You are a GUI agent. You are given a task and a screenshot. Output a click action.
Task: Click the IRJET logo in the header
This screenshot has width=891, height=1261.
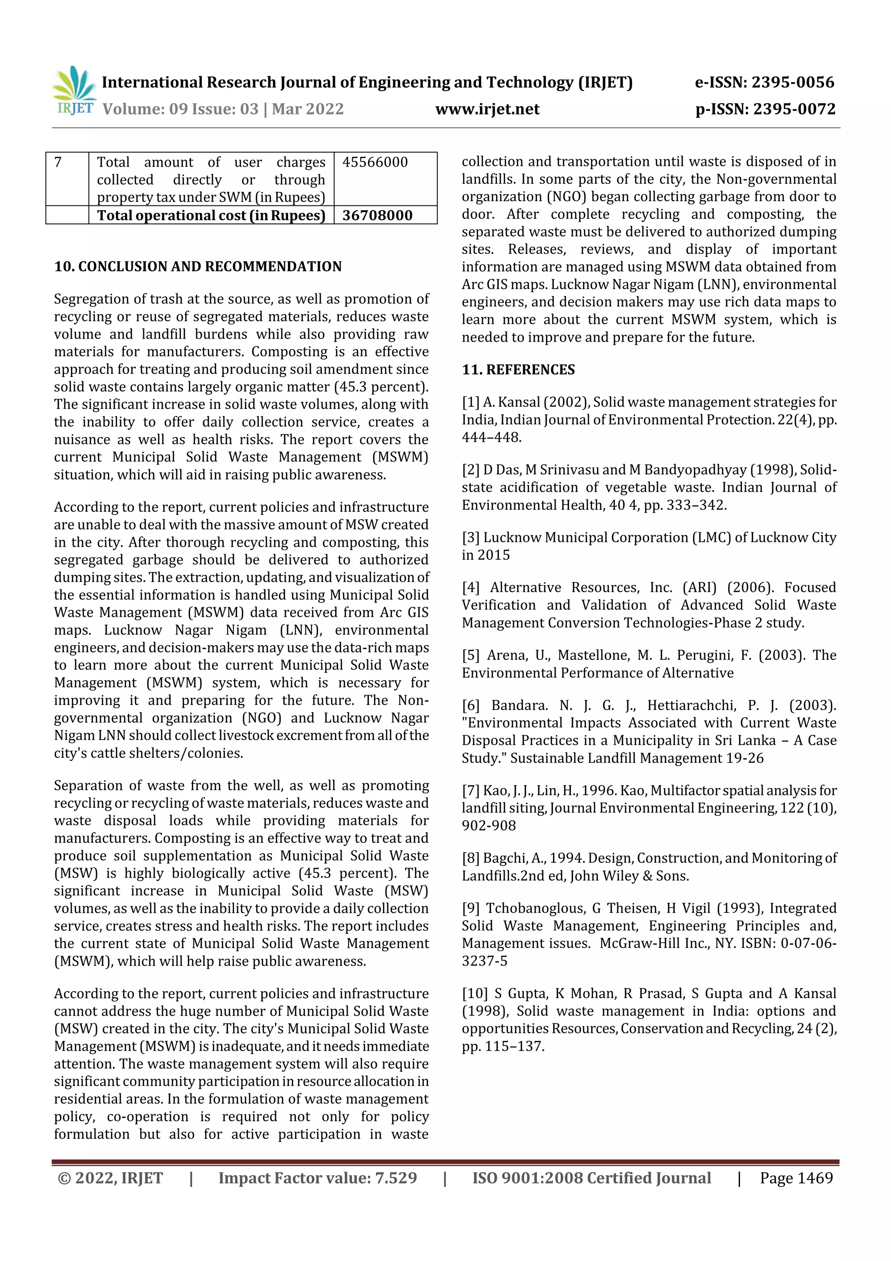74,91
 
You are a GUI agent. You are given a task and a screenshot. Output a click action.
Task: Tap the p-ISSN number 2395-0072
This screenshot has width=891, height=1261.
794,109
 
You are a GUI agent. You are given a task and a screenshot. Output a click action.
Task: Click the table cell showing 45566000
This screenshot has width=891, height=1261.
375,162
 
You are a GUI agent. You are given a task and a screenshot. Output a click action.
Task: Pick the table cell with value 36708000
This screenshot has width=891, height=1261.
377,215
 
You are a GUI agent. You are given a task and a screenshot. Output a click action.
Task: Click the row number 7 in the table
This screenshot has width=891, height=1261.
59,162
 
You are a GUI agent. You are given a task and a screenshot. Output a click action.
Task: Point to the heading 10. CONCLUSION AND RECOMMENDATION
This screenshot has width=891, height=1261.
198,267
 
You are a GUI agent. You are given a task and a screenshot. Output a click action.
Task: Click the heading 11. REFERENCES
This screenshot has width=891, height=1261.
518,370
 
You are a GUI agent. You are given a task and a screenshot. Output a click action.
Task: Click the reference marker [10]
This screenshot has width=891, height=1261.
474,994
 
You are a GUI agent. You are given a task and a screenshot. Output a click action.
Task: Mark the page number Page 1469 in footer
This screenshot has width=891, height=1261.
796,1178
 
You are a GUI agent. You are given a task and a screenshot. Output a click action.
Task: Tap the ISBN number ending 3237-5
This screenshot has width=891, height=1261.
485,961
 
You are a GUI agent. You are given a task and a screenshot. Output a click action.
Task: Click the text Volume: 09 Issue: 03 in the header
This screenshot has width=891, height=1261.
181,109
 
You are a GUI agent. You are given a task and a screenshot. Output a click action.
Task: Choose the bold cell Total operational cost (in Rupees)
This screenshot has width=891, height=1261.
211,215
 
